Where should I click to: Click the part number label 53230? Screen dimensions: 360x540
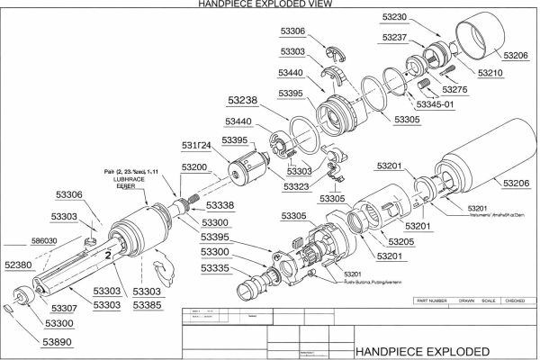click(x=397, y=16)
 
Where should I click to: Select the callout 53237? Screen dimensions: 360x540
click(x=397, y=38)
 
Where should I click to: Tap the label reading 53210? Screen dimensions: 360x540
click(x=490, y=72)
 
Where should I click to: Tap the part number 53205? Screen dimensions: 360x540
click(x=400, y=243)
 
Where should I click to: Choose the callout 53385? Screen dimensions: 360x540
click(x=148, y=306)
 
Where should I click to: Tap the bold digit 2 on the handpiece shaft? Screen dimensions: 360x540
click(x=107, y=256)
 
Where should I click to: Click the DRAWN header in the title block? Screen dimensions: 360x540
click(x=466, y=300)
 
